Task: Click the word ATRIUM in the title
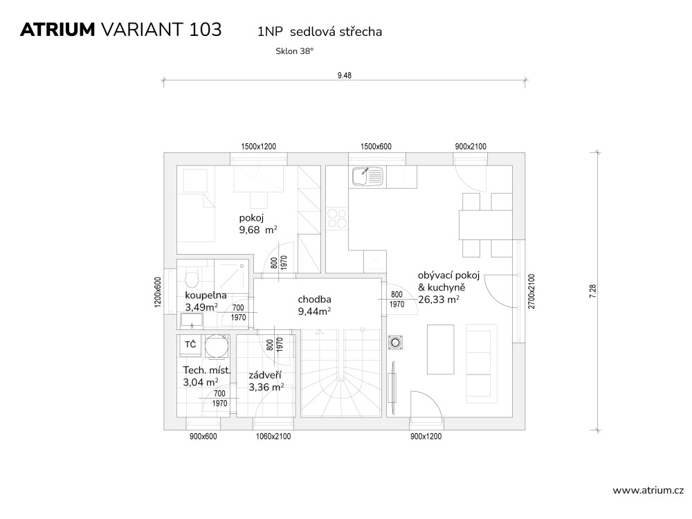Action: pos(57,30)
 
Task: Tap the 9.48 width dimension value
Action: pos(344,75)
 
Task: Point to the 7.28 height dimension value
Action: pos(593,291)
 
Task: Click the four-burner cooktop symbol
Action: pos(337,219)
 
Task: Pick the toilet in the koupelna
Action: pos(192,278)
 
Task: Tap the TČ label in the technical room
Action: pos(190,344)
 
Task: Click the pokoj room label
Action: pos(251,218)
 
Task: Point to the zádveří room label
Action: pos(265,376)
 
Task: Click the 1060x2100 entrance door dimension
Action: pos(273,437)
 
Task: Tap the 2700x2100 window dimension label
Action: pos(531,291)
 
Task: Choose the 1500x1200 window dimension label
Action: pos(258,147)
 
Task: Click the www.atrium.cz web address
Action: pos(648,491)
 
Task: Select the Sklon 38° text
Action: pos(294,51)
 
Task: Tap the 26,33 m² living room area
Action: pos(439,300)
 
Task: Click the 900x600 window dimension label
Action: pos(203,437)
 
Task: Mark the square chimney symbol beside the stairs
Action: pos(395,343)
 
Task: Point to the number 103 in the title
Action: pos(206,30)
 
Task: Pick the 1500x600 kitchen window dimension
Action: pos(376,147)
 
